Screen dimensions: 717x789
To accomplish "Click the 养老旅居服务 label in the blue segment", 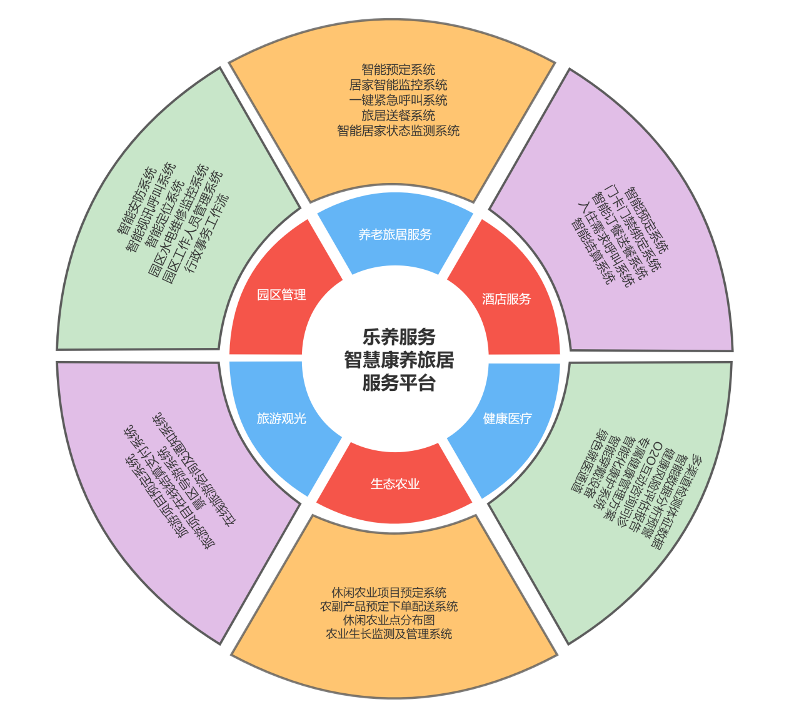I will pyautogui.click(x=394, y=235).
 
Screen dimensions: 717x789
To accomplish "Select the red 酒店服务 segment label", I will pyautogui.click(x=506, y=299).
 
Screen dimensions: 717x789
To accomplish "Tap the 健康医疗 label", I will pyautogui.click(x=507, y=418).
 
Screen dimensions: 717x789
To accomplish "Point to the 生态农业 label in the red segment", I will pyautogui.click(x=394, y=484).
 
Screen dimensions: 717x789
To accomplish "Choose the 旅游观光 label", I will pyautogui.click(x=281, y=418).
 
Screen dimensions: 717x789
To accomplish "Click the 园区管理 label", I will pyautogui.click(x=281, y=295).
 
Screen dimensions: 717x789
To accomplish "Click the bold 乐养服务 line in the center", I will pyautogui.click(x=399, y=337).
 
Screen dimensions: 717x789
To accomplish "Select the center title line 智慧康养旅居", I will pyautogui.click(x=399, y=360).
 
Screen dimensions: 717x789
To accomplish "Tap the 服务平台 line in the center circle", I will pyautogui.click(x=399, y=383).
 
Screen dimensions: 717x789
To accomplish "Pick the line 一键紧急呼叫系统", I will pyautogui.click(x=398, y=100).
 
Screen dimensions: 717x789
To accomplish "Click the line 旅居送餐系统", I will pyautogui.click(x=398, y=116).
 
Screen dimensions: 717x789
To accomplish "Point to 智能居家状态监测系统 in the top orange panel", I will pyautogui.click(x=398, y=131).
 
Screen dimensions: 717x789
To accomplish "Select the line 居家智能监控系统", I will pyautogui.click(x=398, y=85).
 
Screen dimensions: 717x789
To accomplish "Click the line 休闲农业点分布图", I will pyautogui.click(x=389, y=620).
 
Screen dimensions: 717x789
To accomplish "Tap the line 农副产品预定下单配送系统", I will pyautogui.click(x=389, y=606).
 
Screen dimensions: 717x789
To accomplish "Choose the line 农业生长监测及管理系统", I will pyautogui.click(x=389, y=634).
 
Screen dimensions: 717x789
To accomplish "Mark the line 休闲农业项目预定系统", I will pyautogui.click(x=389, y=593).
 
